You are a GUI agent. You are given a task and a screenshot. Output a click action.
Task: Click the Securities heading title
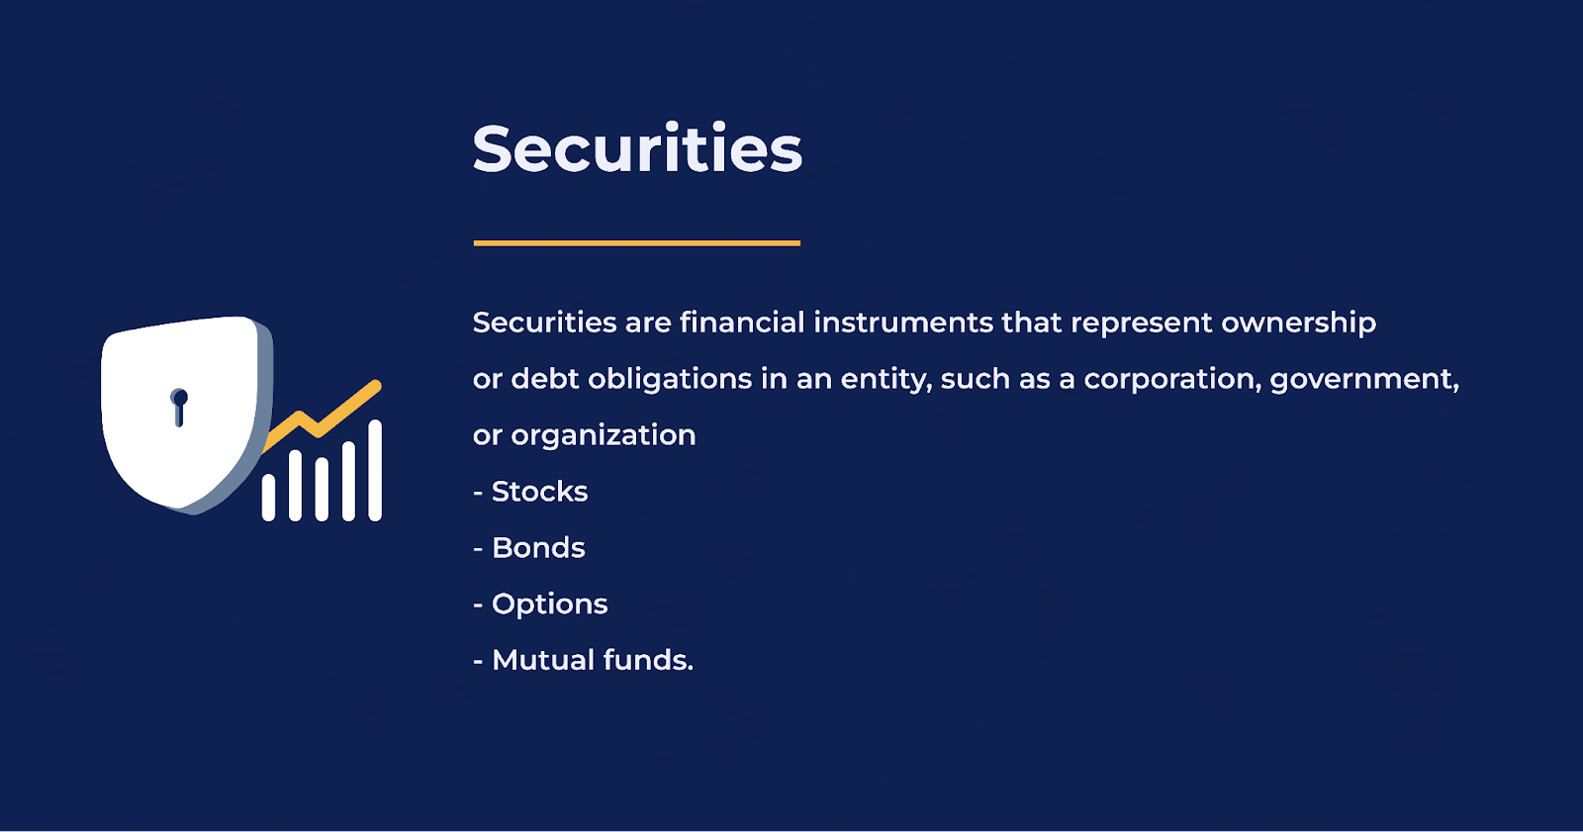[x=637, y=148]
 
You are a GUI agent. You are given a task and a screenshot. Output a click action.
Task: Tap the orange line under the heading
[x=637, y=243]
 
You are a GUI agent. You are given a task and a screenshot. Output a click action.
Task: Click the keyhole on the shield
[x=179, y=408]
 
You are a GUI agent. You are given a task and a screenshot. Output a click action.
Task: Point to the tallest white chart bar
[x=375, y=471]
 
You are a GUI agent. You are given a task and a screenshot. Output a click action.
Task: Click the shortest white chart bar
[x=268, y=498]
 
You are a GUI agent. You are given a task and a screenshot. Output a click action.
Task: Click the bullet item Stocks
[x=530, y=492]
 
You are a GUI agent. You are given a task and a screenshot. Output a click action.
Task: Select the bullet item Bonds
[x=529, y=548]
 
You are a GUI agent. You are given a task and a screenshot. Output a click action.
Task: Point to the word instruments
[x=903, y=324]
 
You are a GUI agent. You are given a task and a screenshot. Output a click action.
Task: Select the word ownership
[x=1299, y=324]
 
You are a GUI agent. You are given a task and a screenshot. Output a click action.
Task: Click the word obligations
[x=670, y=380]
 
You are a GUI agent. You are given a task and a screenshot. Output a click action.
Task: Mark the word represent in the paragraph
[x=1142, y=324]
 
